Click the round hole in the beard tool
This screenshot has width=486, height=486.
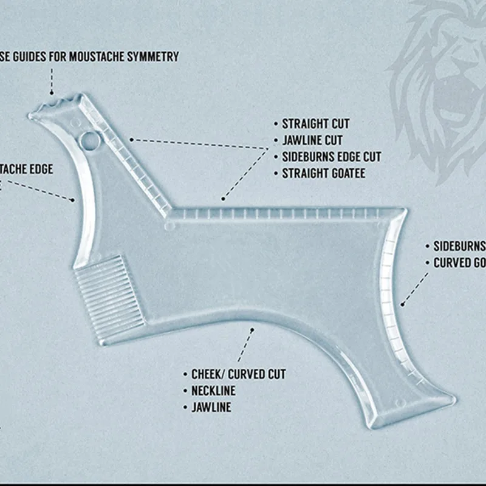[90, 141]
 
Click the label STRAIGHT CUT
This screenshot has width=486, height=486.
[316, 125]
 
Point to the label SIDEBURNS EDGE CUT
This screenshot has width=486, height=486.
[332, 157]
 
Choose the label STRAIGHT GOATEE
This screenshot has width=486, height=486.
[324, 174]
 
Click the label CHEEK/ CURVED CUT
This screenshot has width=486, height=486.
[239, 374]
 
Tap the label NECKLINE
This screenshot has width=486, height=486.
[213, 391]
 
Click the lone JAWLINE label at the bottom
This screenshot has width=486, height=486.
[211, 407]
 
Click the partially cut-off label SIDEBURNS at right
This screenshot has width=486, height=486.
[459, 246]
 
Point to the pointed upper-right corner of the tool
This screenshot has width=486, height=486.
[403, 211]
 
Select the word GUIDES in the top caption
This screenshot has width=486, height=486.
[30, 56]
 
